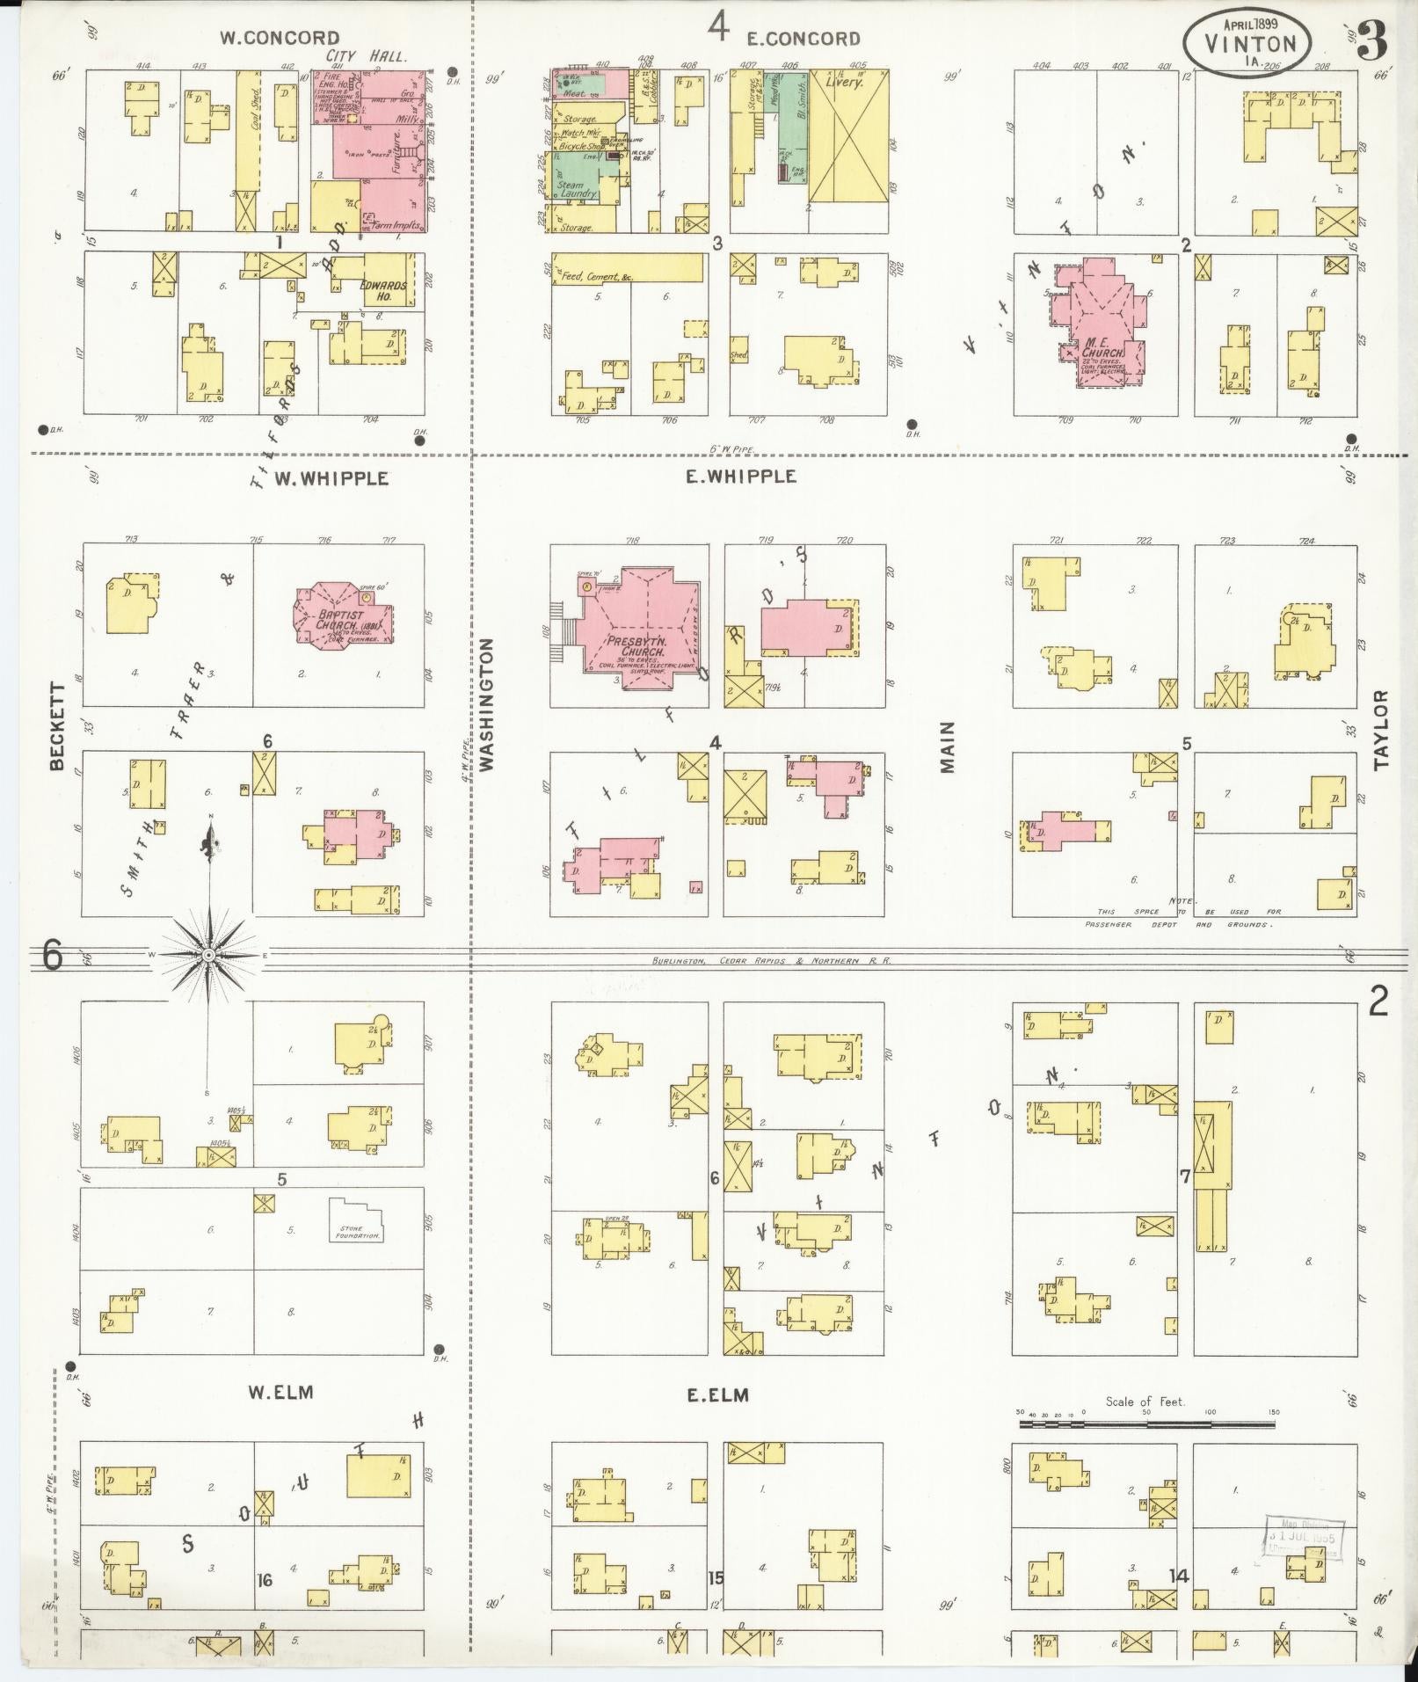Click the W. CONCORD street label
point(279,38)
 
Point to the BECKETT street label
point(58,727)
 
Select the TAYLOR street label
point(1381,730)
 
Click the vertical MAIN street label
point(947,747)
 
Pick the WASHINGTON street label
point(486,705)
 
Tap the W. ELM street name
point(280,1392)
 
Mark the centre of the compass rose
point(208,955)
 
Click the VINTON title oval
point(1247,41)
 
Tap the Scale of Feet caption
point(1145,1402)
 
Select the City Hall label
point(366,56)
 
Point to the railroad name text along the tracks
point(771,961)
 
